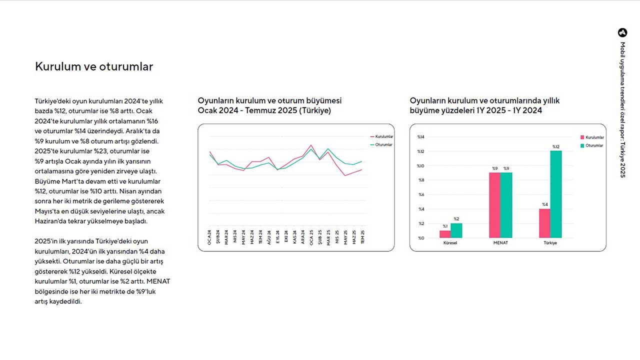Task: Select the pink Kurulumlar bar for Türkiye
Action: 544,223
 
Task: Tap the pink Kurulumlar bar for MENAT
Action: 494,205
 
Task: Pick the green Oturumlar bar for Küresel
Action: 456,230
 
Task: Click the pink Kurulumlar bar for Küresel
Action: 445,234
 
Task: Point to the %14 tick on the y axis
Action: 420,137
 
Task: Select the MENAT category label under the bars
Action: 500,243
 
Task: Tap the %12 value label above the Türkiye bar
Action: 556,146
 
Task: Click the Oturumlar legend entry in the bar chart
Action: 594,145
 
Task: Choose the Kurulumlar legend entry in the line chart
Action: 384,136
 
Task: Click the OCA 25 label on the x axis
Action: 311,236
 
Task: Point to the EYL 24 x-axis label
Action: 277,236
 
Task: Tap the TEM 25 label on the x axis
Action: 362,236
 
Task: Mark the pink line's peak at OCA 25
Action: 311,145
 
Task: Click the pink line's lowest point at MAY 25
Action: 345,175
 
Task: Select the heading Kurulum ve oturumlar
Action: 94,66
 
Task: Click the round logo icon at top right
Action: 622,32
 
